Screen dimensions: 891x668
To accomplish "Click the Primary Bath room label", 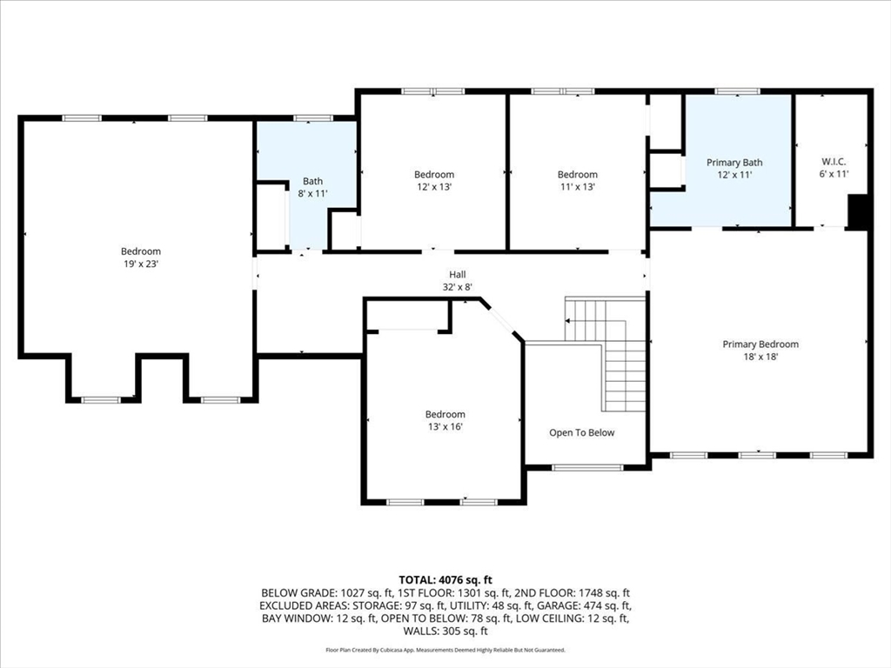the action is [x=734, y=163].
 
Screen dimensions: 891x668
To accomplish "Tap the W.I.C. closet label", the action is [x=834, y=162].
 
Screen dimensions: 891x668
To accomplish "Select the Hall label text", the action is [x=458, y=274].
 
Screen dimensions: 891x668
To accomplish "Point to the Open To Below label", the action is [x=582, y=433].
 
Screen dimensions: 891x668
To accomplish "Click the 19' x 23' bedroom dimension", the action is [x=141, y=264].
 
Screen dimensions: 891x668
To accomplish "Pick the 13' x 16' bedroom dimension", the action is [x=445, y=426].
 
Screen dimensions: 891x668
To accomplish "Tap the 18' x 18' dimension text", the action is [x=760, y=357].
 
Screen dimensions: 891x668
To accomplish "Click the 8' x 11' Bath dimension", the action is [x=312, y=193].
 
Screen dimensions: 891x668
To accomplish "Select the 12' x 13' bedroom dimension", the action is [x=434, y=187].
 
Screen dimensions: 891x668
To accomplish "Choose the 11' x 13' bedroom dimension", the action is [x=578, y=187].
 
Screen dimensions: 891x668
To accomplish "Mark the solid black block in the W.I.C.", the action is [x=858, y=212].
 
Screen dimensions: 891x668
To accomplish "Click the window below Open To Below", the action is [x=587, y=467].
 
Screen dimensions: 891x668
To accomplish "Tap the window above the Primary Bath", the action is [x=737, y=90].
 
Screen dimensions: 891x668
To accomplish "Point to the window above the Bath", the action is [x=312, y=118].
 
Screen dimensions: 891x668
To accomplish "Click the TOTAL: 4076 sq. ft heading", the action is [x=445, y=580].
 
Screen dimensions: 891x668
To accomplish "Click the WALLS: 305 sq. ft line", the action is [x=445, y=631].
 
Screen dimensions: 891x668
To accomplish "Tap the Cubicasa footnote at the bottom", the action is [x=445, y=650].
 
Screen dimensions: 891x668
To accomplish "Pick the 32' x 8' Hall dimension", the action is [x=458, y=287].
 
